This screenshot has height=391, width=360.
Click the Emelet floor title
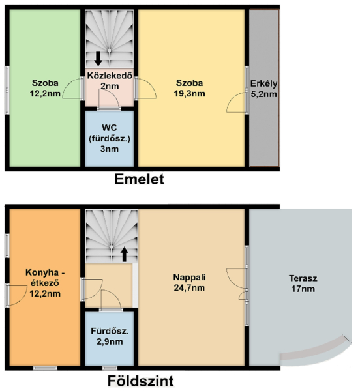click(x=139, y=179)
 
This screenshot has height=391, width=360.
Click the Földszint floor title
click(x=140, y=381)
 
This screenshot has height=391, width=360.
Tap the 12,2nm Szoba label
click(x=45, y=88)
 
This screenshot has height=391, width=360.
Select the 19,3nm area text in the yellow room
click(x=189, y=94)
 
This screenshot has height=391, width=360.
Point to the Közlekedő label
click(x=110, y=76)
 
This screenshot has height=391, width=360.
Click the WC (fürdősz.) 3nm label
click(x=110, y=138)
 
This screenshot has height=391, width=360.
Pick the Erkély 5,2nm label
click(x=263, y=89)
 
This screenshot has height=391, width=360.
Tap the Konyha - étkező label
click(x=45, y=278)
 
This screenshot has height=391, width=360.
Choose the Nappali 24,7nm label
click(x=189, y=283)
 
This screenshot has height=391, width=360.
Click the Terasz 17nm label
click(x=303, y=283)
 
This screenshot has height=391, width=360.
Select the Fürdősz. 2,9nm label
click(x=110, y=336)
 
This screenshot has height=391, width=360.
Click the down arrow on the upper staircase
click(x=98, y=59)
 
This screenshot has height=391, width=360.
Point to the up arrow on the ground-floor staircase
click(x=125, y=254)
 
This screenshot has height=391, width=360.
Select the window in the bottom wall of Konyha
click(x=45, y=368)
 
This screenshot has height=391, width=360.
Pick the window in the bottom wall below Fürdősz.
click(x=110, y=368)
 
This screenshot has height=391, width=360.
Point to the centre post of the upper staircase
click(x=109, y=50)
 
